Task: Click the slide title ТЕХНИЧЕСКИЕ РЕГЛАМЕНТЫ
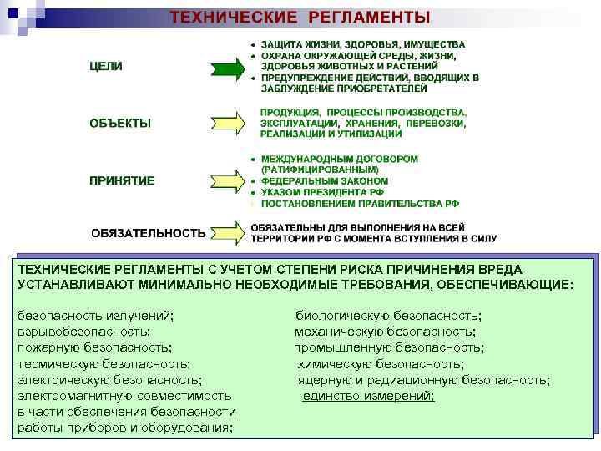[x=300, y=17]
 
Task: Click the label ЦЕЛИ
[x=106, y=67]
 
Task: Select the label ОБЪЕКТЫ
[x=120, y=124]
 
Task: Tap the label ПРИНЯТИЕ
[x=122, y=180]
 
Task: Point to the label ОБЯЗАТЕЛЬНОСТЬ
[x=148, y=233]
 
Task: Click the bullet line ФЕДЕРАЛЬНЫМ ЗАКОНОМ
[x=324, y=180]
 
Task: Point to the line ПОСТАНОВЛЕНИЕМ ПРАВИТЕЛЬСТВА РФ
[x=360, y=203]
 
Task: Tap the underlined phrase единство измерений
[x=368, y=395]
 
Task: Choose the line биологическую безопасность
[x=388, y=316]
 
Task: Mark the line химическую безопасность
[x=381, y=363]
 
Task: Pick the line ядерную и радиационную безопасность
[x=423, y=379]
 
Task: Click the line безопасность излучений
[x=96, y=316]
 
